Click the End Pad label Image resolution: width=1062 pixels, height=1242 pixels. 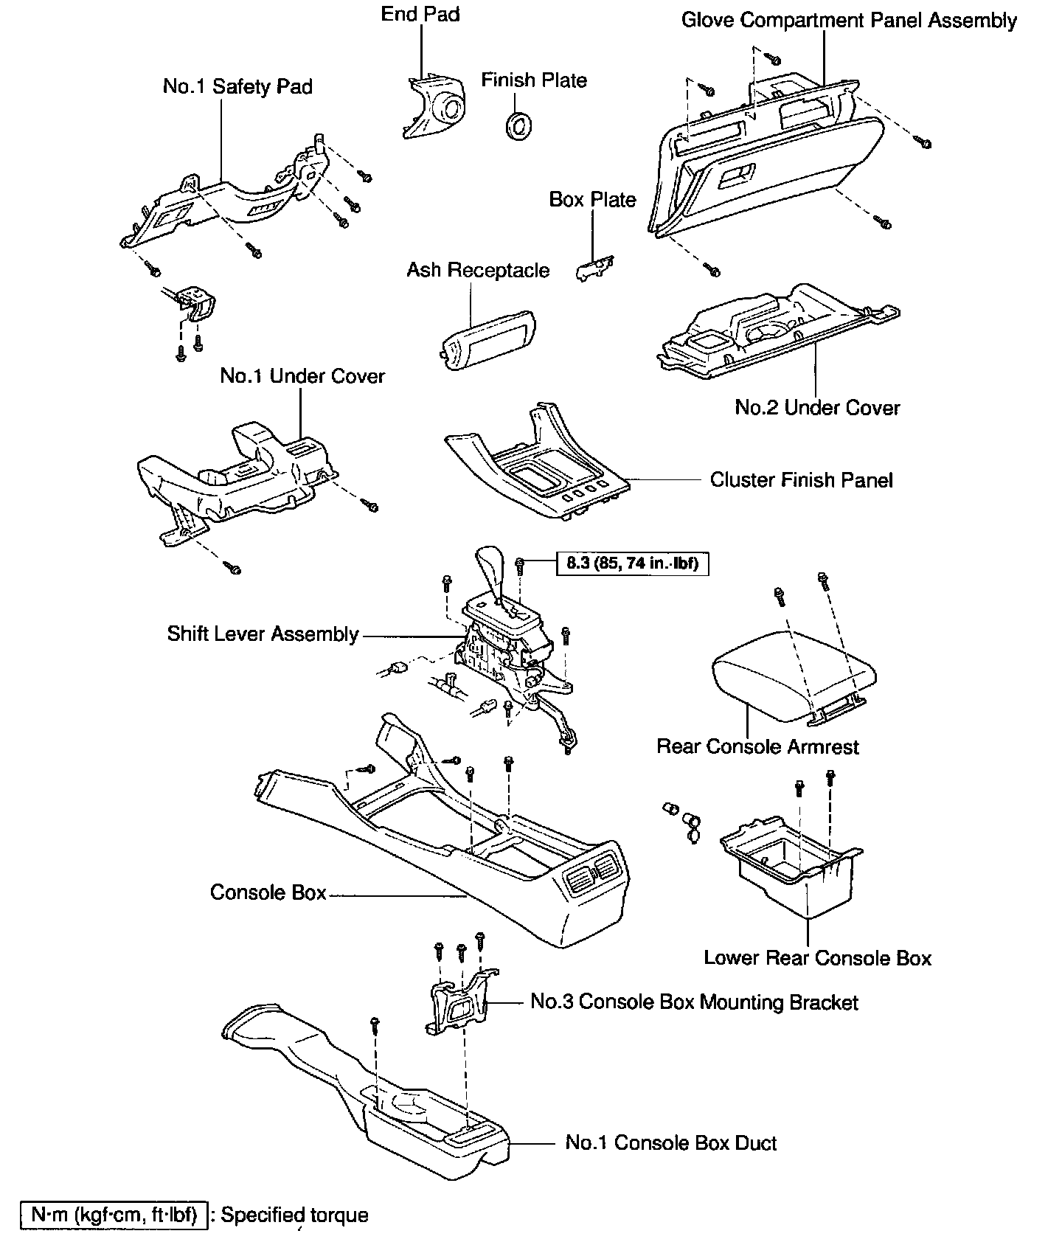click(x=420, y=15)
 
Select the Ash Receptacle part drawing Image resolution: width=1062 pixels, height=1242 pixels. click(x=489, y=336)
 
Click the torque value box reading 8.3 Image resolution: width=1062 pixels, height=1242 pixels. click(x=632, y=564)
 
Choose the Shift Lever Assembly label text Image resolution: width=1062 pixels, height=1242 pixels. click(x=263, y=634)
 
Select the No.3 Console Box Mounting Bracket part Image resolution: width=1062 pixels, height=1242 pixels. click(x=461, y=1002)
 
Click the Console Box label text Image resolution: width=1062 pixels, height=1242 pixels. click(x=268, y=892)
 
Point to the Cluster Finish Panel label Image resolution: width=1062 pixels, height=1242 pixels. click(x=801, y=481)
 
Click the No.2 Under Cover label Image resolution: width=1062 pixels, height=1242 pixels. click(x=817, y=408)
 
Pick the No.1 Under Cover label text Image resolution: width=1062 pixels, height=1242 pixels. click(x=302, y=376)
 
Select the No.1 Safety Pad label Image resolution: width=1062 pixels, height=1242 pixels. click(x=237, y=86)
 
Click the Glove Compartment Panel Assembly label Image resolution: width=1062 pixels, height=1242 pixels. click(x=849, y=21)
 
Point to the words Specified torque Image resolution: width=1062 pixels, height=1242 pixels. click(x=294, y=1215)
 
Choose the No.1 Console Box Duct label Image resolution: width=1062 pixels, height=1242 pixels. click(x=670, y=1143)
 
